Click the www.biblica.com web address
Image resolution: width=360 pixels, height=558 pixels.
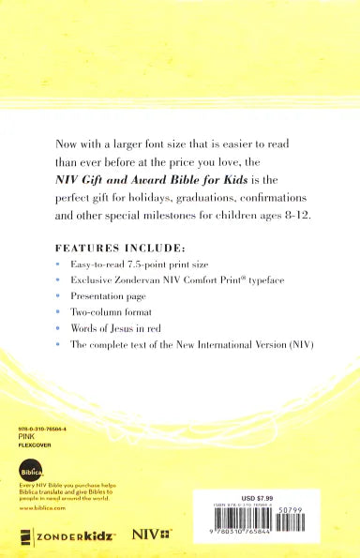39,507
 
